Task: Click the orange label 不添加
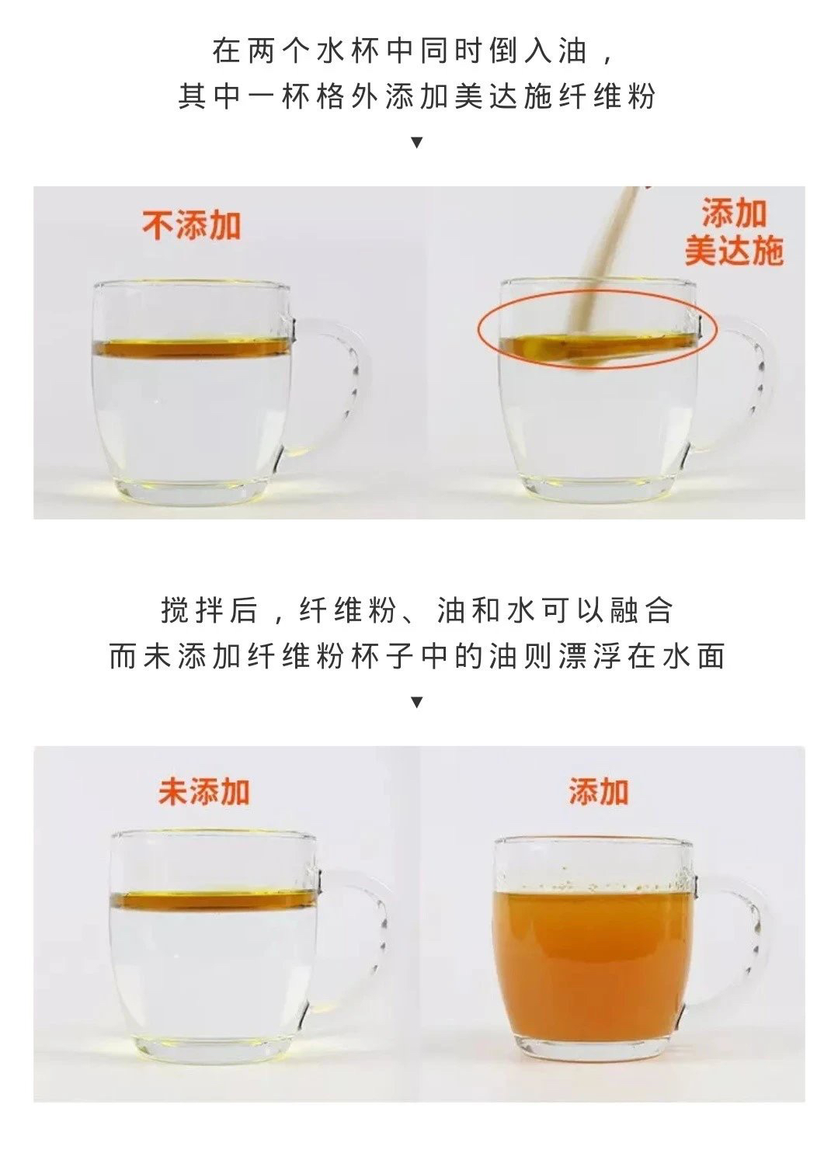(x=191, y=225)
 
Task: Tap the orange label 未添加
(x=203, y=791)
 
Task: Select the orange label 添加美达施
(x=733, y=233)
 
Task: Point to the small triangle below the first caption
(x=418, y=143)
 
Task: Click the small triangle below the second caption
(x=418, y=702)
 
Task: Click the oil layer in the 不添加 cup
(x=192, y=348)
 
